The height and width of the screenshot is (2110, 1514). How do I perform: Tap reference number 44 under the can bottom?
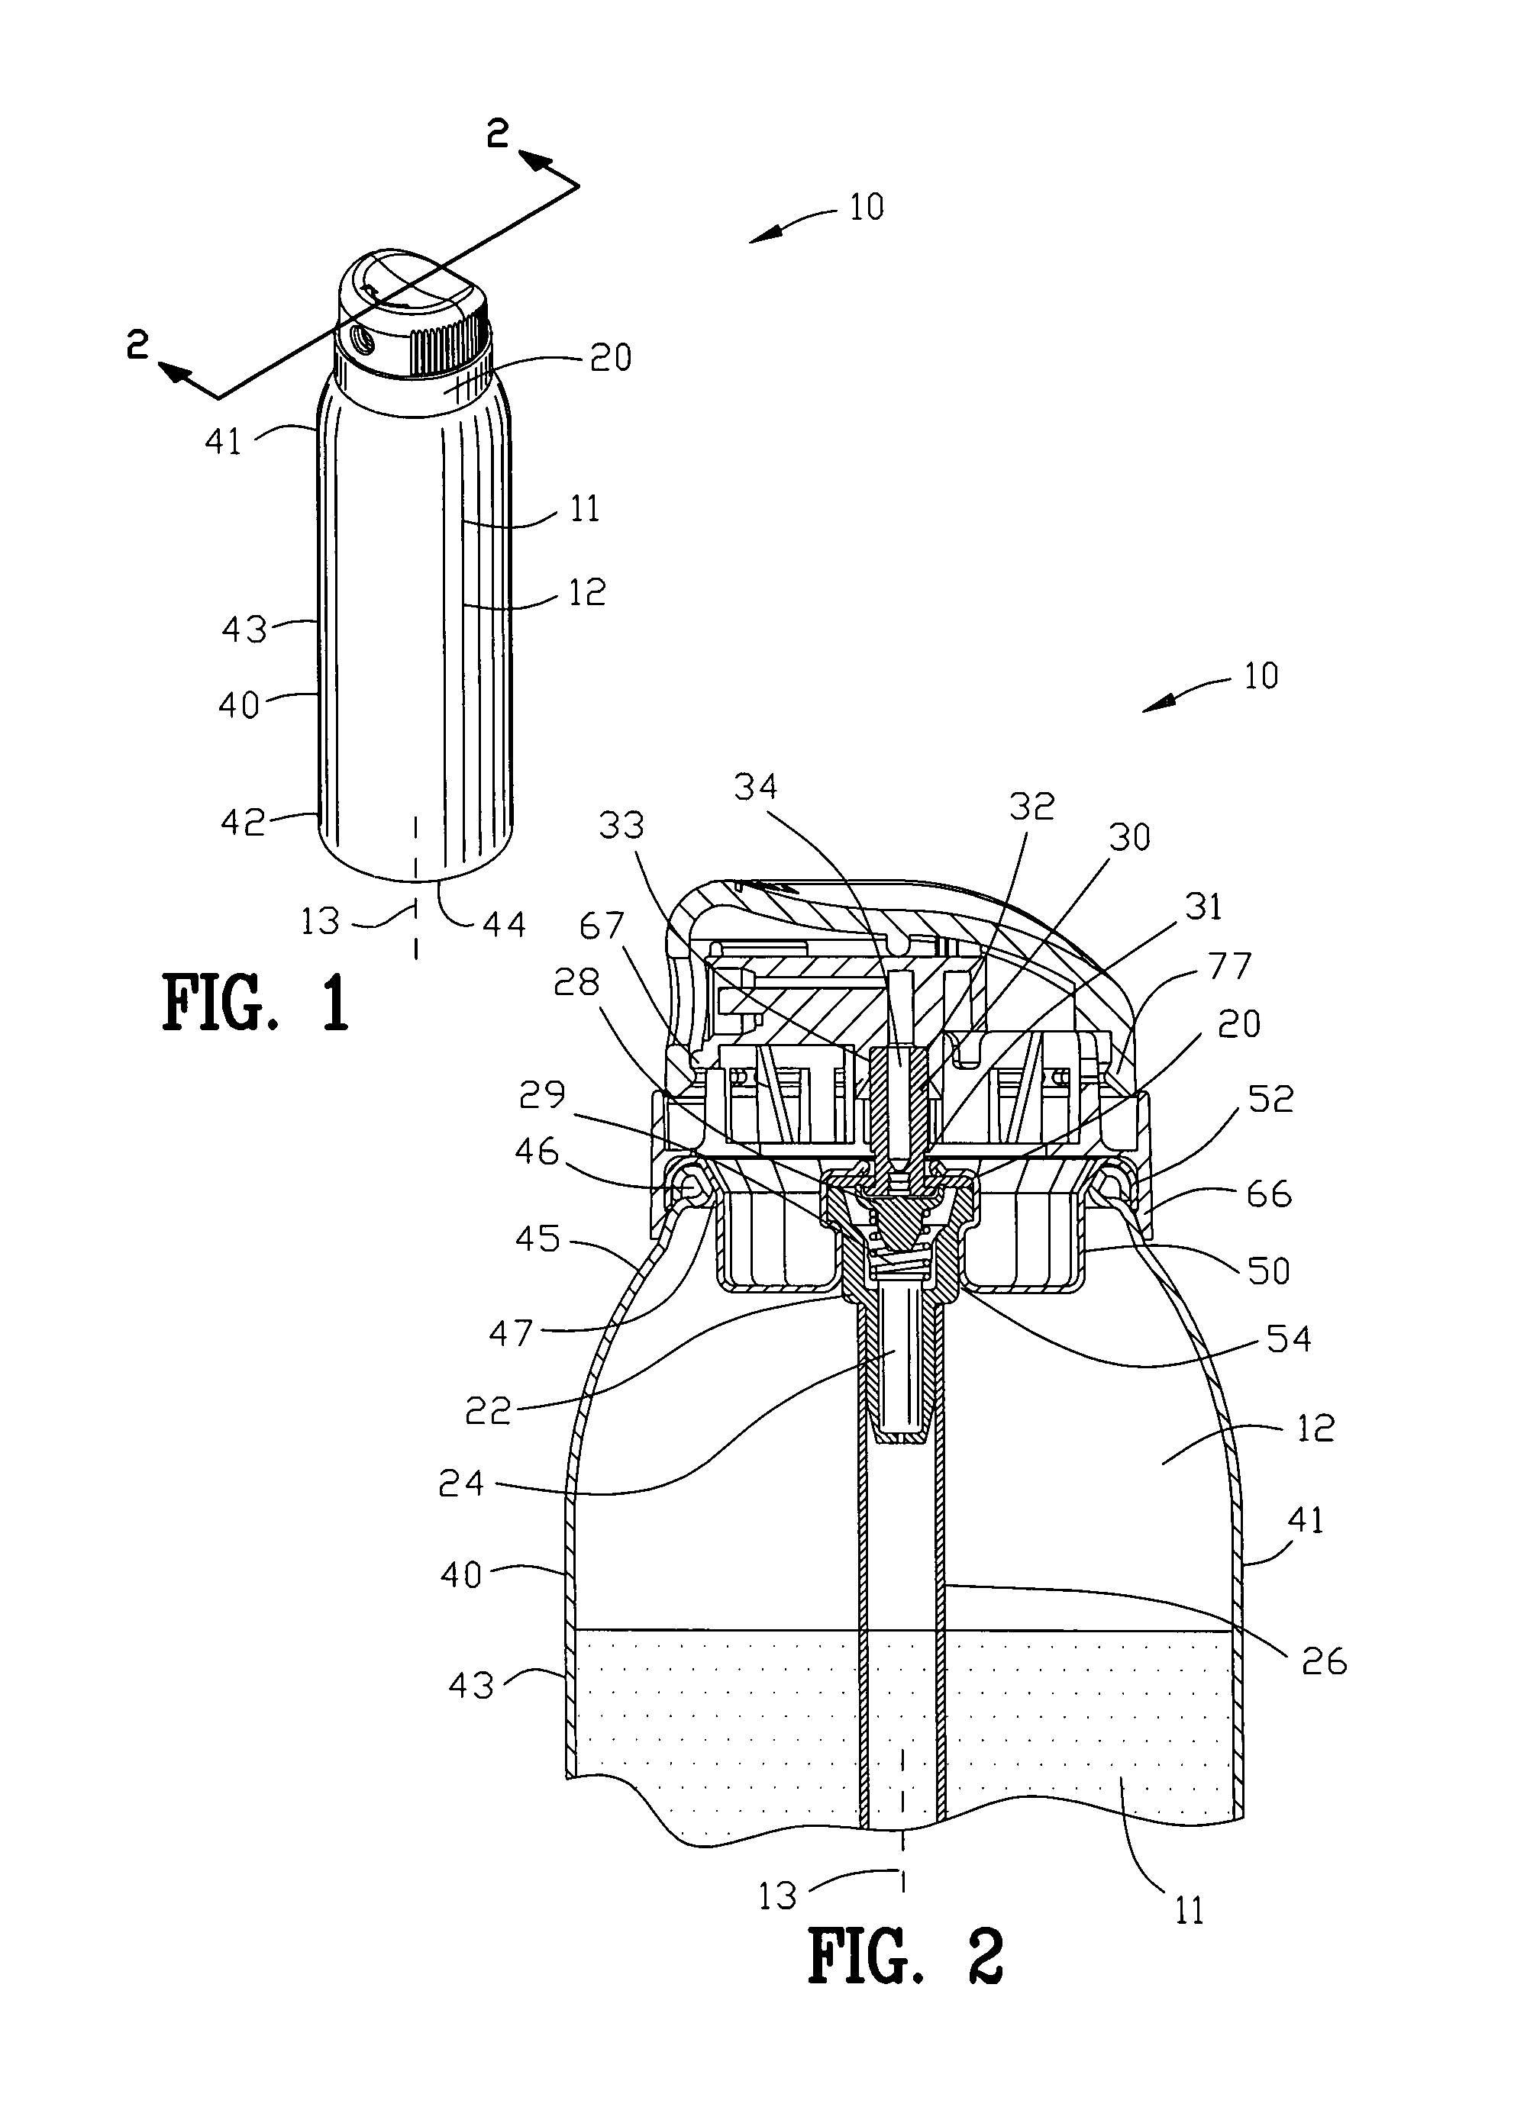503,924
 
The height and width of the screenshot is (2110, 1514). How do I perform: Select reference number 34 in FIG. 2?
754,787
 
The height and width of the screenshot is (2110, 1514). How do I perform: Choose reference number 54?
1289,1338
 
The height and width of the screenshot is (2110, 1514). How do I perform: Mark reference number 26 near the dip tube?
1324,1661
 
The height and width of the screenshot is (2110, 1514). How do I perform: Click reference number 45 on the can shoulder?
537,1239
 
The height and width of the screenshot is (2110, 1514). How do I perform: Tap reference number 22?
489,1411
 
